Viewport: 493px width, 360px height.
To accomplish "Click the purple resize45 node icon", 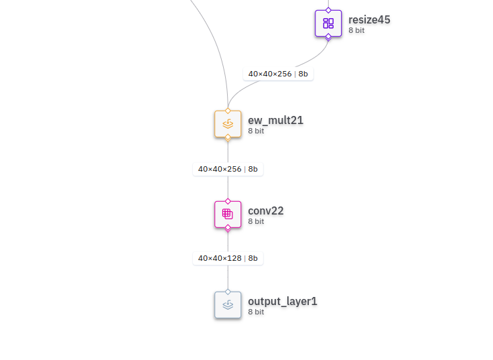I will (x=328, y=23).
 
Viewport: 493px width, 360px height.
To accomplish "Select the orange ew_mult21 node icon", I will (x=228, y=124).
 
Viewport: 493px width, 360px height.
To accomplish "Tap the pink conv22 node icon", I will (x=228, y=215).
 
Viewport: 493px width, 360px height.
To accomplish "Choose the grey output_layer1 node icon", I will (x=228, y=305).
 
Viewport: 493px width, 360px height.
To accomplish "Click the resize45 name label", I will (x=369, y=19).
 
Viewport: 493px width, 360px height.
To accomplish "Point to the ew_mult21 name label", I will (x=275, y=120).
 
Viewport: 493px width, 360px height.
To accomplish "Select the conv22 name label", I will (x=266, y=211).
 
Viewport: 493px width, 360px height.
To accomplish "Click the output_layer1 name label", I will (x=283, y=301).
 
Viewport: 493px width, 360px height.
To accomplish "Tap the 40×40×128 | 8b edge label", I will (x=228, y=258).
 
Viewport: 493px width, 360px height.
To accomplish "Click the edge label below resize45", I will (x=278, y=74).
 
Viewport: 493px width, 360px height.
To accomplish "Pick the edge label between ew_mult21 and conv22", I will (x=228, y=169).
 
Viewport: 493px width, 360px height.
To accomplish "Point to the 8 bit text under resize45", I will (x=356, y=30).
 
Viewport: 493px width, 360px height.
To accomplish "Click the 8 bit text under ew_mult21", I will (x=256, y=131).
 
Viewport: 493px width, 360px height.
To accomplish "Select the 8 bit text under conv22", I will (x=256, y=221).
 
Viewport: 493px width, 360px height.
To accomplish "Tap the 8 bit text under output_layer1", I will (x=256, y=312).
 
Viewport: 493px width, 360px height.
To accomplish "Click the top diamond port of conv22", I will (x=228, y=201).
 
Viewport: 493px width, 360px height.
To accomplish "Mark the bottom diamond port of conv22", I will (x=228, y=228).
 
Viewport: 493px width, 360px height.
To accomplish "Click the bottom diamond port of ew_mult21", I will (x=228, y=137).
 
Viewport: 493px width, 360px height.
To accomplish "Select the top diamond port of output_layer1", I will (x=228, y=292).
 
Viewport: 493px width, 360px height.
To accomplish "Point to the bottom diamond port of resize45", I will (x=328, y=37).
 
